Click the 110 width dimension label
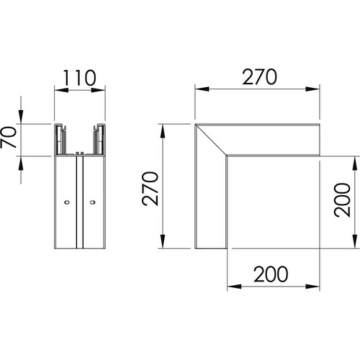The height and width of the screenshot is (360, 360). (x=80, y=78)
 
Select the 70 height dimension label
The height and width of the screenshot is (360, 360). (x=9, y=137)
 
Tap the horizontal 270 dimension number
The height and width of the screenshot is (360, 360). (x=259, y=77)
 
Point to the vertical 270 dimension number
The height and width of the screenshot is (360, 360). (x=150, y=189)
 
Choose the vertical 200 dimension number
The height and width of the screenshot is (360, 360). (x=343, y=200)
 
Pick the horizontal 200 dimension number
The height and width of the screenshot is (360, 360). (x=271, y=274)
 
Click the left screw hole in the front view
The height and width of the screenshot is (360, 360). (x=67, y=202)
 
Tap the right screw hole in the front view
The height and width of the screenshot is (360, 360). (x=93, y=202)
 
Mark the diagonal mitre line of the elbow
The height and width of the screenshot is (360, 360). (x=211, y=140)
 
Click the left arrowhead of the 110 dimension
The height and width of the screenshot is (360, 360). (x=61, y=90)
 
